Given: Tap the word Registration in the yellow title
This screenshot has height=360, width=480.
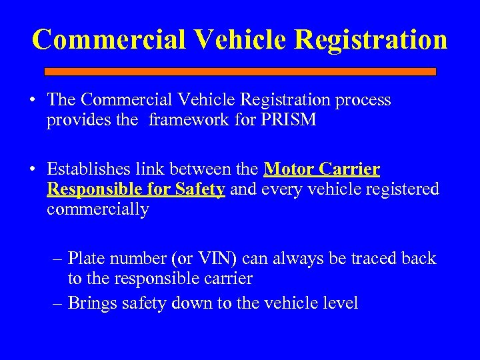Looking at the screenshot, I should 370,39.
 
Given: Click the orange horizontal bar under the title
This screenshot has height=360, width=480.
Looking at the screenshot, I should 240,71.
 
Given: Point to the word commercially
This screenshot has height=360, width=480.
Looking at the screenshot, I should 97,210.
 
